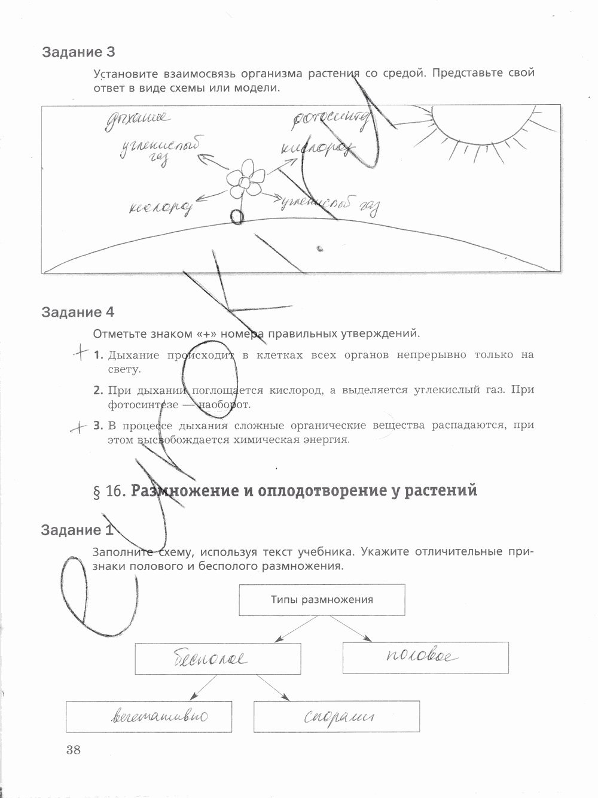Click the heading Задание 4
[x=77, y=312]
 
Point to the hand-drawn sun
[x=478, y=129]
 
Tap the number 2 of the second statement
[x=98, y=390]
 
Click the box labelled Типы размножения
[x=322, y=600]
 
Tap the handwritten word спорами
[x=338, y=717]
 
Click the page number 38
[x=73, y=751]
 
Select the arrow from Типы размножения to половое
[x=350, y=629]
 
